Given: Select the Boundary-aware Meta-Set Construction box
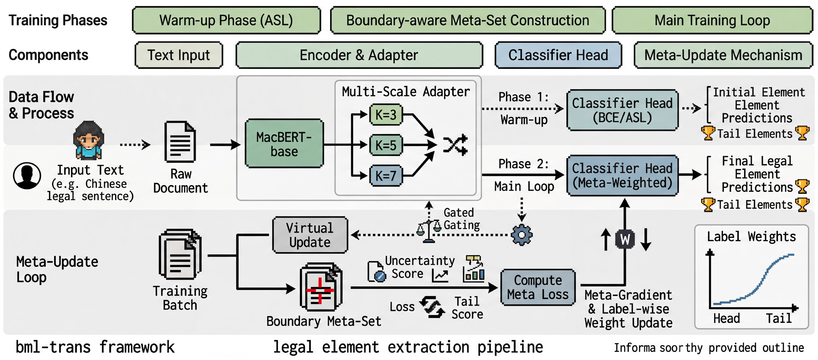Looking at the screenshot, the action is [468, 20].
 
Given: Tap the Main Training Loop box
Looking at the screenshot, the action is [712, 20].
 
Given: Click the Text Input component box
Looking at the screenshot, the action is [179, 55].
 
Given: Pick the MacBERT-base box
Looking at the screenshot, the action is [284, 143].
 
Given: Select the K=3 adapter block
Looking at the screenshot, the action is [386, 115].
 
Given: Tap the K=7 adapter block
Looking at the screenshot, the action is [386, 176].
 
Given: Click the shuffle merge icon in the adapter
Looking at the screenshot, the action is [455, 145].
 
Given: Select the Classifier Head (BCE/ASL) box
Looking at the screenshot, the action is [622, 110].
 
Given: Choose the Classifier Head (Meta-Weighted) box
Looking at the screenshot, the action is [622, 175].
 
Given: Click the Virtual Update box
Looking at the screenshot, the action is [310, 235].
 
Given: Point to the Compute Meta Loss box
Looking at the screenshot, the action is [538, 287].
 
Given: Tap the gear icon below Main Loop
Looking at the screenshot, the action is [522, 235].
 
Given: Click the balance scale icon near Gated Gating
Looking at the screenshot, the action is [429, 231].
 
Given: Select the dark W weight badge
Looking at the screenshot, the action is [625, 239].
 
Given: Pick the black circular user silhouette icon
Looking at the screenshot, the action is [27, 176].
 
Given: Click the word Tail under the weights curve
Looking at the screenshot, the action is [779, 318].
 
